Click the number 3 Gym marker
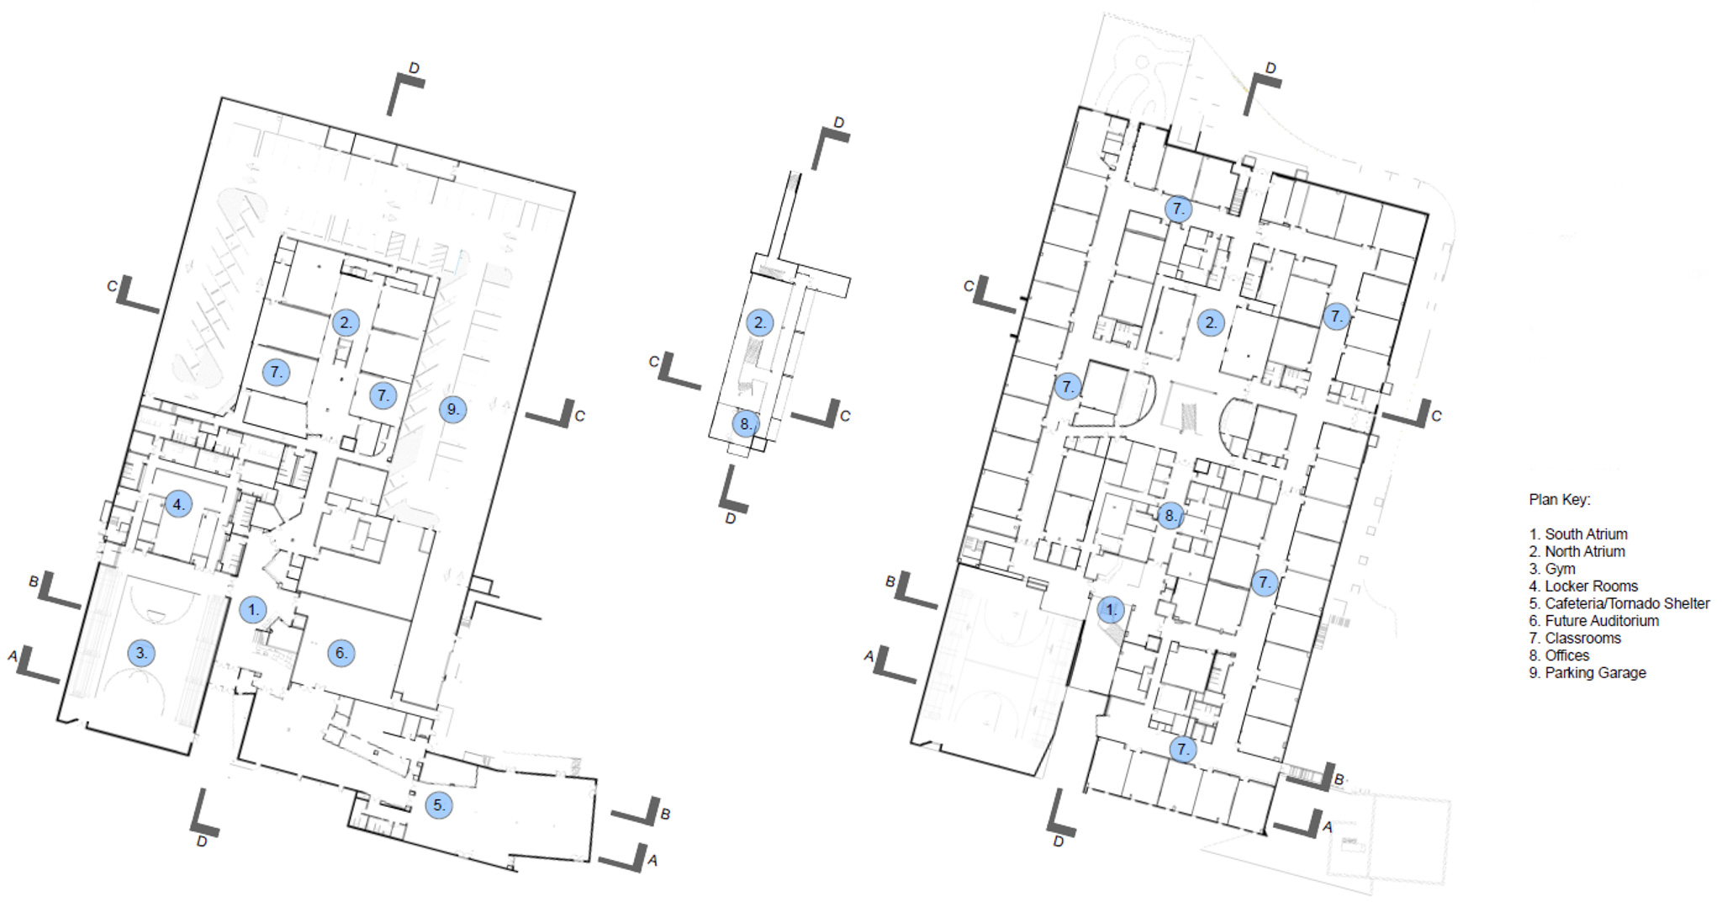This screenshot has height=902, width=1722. (141, 653)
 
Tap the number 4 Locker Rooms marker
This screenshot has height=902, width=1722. (177, 505)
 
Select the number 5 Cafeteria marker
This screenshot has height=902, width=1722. (438, 805)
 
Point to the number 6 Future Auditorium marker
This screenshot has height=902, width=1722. (341, 653)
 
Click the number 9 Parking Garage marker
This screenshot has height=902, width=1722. (453, 410)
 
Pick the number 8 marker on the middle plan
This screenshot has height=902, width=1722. (746, 424)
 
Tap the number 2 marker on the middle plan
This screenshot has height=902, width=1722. (760, 322)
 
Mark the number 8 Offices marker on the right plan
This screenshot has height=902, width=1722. (1170, 516)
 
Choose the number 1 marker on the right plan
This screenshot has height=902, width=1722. (1111, 610)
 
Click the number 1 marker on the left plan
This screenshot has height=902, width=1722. (253, 610)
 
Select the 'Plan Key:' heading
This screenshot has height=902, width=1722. (1560, 500)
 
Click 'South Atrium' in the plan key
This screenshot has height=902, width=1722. (1586, 534)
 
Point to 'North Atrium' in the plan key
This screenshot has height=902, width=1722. (1585, 552)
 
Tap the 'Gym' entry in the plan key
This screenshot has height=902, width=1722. (1560, 570)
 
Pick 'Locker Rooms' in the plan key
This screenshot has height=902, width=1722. (1591, 586)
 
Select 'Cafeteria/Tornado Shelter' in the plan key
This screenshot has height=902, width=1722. (1627, 604)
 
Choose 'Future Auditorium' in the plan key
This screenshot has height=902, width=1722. (1602, 621)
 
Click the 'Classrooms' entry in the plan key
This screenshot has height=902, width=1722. (1582, 639)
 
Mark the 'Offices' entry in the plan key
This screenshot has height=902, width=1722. (1567, 655)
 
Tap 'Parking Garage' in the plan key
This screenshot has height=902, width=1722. (1595, 673)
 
